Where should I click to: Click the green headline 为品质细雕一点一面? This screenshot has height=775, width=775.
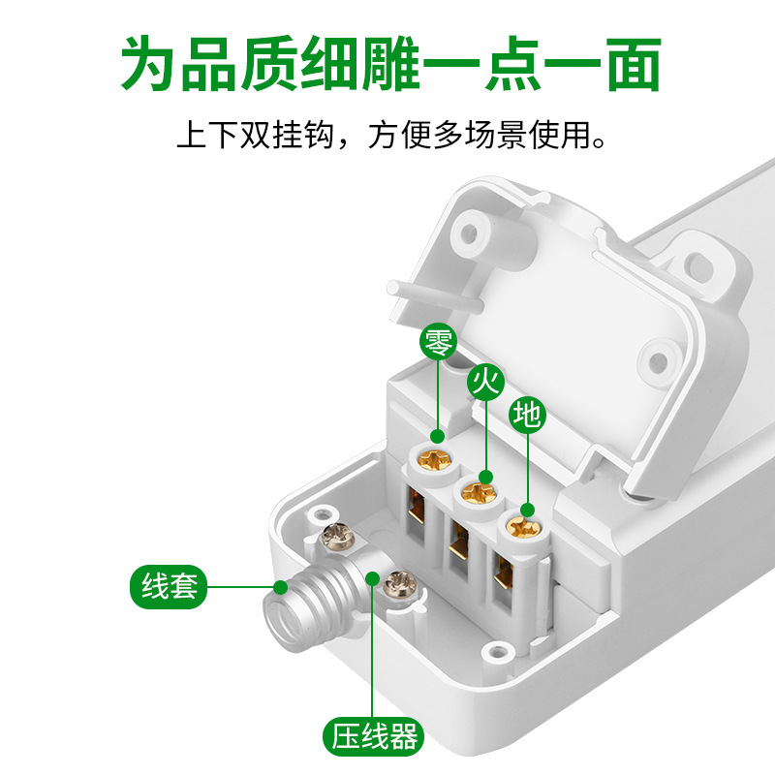[387, 65]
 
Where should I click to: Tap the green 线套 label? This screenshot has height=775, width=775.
[169, 587]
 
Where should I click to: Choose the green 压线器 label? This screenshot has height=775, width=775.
[373, 738]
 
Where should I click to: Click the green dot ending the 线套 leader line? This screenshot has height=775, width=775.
[280, 587]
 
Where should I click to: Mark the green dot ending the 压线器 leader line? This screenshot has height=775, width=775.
[373, 577]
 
